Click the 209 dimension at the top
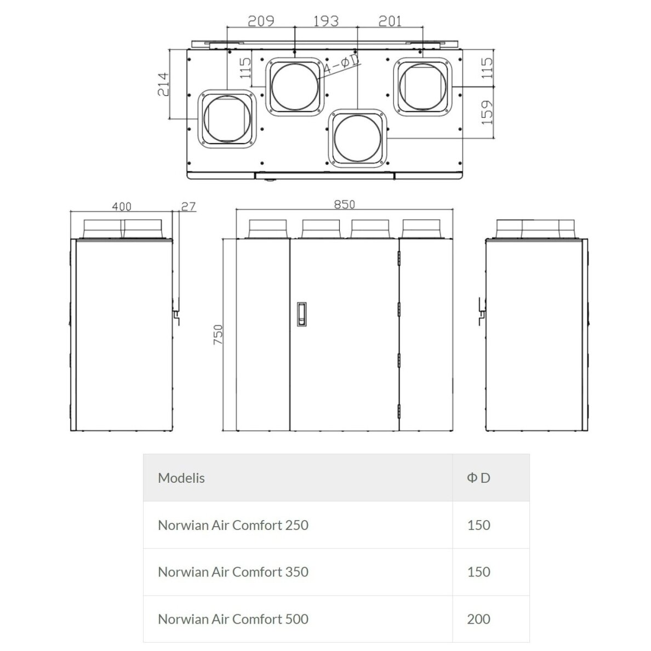click(x=261, y=21)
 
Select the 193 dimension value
click(x=326, y=21)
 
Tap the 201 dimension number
click(x=390, y=21)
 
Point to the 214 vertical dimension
click(x=164, y=84)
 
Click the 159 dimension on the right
click(x=486, y=112)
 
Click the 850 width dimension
click(x=345, y=204)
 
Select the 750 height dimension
click(x=218, y=334)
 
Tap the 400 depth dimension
click(x=122, y=207)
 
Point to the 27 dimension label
click(x=189, y=207)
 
